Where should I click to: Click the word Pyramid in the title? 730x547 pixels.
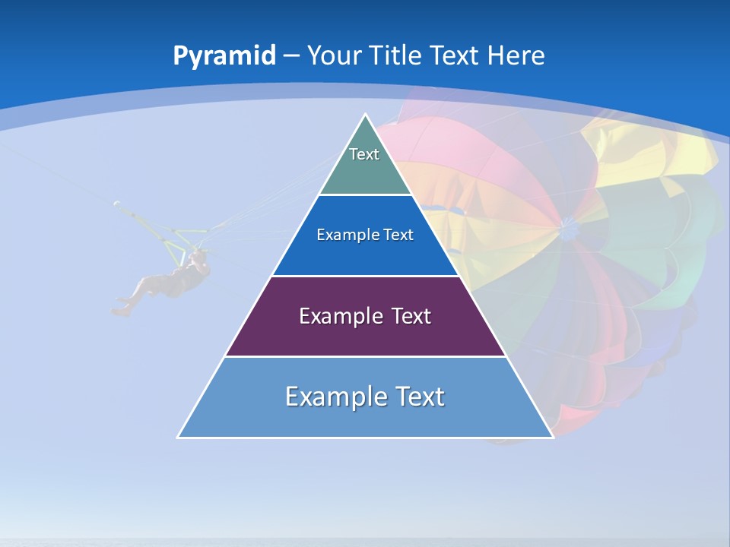(224, 56)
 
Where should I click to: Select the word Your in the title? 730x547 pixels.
(334, 56)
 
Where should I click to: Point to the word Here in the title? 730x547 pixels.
(516, 56)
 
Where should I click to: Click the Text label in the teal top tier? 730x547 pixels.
(364, 154)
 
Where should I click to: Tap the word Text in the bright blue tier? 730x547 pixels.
(399, 236)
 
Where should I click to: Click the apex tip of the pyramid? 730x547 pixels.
(365, 115)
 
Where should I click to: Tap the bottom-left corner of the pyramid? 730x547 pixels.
(179, 437)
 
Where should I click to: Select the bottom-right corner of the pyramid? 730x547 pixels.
(552, 437)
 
